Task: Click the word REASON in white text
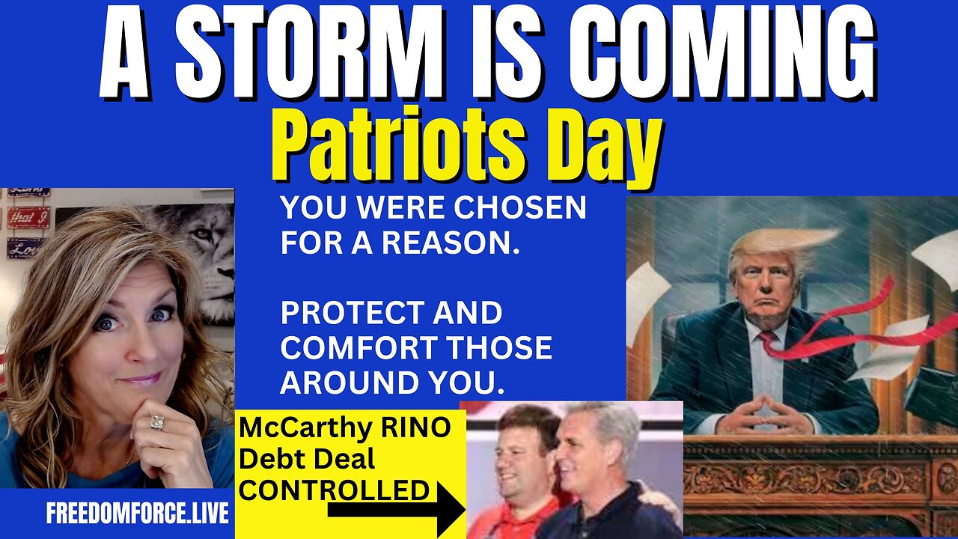point(451,242)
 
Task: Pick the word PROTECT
point(352,312)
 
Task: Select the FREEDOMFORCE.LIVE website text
point(138,514)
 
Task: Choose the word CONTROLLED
point(334,490)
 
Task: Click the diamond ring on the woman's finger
point(157,422)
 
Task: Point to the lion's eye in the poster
point(198,234)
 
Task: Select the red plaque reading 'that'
point(28,217)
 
